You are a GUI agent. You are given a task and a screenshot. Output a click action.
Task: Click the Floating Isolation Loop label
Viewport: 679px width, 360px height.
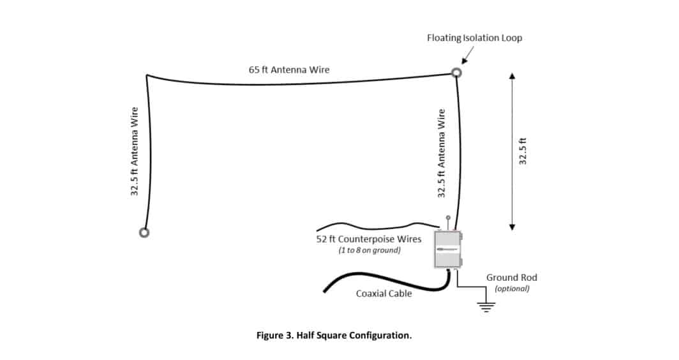pyautogui.click(x=474, y=38)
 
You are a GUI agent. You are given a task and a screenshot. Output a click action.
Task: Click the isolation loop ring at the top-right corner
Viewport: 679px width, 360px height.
pyautogui.click(x=456, y=73)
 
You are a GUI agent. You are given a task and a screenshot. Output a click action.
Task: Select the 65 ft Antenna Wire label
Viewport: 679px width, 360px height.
pyautogui.click(x=289, y=70)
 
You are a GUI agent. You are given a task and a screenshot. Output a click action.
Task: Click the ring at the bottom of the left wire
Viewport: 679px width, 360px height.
pyautogui.click(x=144, y=232)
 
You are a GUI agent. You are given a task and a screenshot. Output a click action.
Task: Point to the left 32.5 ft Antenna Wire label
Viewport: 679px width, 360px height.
pyautogui.click(x=135, y=151)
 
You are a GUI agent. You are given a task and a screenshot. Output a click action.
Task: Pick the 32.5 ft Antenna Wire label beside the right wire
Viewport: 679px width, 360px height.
pyautogui.click(x=441, y=153)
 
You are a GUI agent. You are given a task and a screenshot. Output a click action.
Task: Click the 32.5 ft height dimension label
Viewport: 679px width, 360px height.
pyautogui.click(x=523, y=150)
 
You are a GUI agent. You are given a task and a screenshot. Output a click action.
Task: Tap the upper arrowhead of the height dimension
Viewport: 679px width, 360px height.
pyautogui.click(x=512, y=76)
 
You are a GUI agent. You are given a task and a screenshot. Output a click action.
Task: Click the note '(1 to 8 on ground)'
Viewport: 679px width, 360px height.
pyautogui.click(x=369, y=251)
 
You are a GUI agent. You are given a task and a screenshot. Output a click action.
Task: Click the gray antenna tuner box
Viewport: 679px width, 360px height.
pyautogui.click(x=447, y=249)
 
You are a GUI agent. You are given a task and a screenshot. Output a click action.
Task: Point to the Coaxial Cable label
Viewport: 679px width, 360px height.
pyautogui.click(x=384, y=294)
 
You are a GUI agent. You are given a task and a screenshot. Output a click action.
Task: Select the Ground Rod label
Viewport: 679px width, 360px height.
pyautogui.click(x=512, y=278)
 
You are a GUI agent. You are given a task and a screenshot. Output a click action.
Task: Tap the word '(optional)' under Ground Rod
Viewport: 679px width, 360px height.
pyautogui.click(x=512, y=289)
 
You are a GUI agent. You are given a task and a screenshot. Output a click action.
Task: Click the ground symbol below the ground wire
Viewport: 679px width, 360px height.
pyautogui.click(x=488, y=306)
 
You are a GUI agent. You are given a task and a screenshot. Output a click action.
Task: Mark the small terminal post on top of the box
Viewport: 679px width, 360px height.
pyautogui.click(x=448, y=218)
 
